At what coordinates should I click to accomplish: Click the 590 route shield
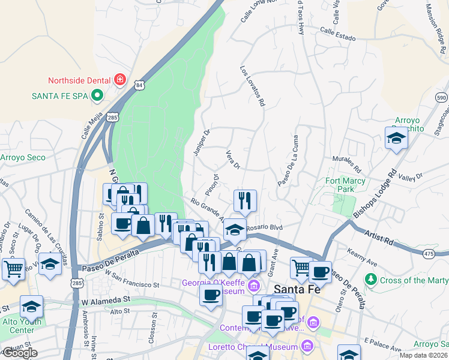click(x=441, y=98)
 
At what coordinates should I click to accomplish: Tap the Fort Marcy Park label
click(x=345, y=185)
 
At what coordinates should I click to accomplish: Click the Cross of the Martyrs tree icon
click(x=371, y=280)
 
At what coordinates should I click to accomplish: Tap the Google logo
click(x=19, y=353)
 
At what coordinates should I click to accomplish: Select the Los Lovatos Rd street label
click(x=253, y=86)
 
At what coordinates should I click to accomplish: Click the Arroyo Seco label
click(x=22, y=158)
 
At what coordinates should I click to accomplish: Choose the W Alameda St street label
click(x=106, y=298)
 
